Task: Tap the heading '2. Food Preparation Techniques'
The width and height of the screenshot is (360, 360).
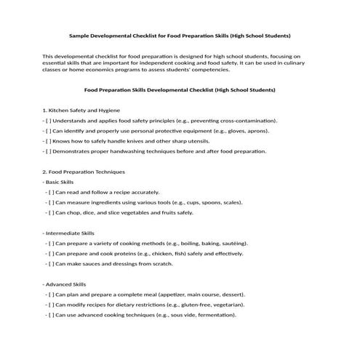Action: pos(84,172)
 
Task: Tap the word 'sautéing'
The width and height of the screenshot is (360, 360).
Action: pos(234,243)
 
